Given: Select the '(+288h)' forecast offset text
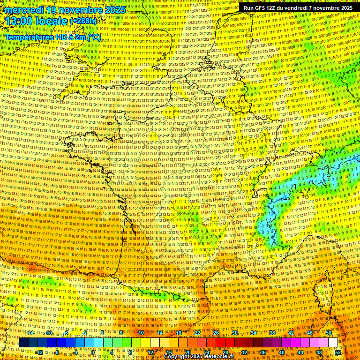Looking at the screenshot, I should pos(83,21).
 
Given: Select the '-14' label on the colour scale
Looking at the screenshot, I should pos(30,333).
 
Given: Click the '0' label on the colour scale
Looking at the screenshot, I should pos(93,352).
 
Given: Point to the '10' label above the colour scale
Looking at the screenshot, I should pos(141,333).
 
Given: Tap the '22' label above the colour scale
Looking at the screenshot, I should pos(197,333).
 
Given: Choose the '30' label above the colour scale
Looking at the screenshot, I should pos(235,333).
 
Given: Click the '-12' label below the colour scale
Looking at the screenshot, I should pos(39,352).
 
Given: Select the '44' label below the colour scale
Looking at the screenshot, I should pos(300,352).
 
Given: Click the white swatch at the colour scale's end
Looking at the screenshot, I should pos(333,343).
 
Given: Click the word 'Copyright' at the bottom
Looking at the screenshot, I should pos(178,357).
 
